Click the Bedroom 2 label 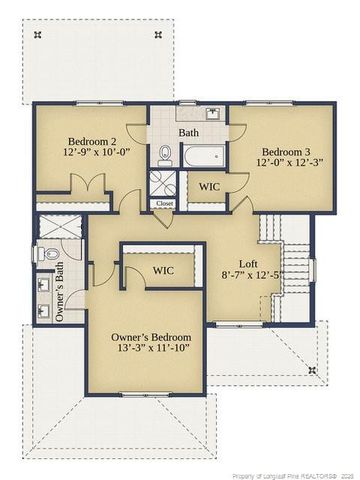tap(91, 141)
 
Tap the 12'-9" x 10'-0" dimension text tap(91, 155)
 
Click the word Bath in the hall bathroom tap(189, 132)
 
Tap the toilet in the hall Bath tap(166, 154)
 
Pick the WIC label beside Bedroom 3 tap(210, 186)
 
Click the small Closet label tap(164, 203)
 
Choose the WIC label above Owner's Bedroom tap(165, 271)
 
